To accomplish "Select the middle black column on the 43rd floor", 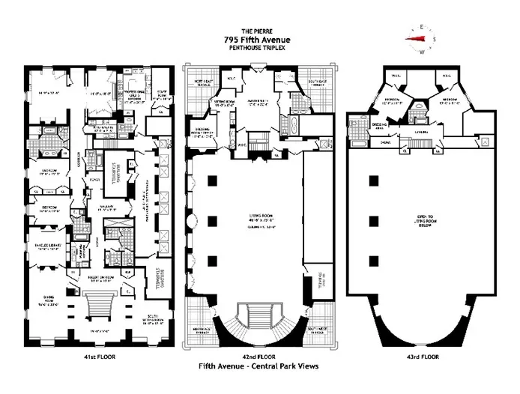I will [x=373, y=222].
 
